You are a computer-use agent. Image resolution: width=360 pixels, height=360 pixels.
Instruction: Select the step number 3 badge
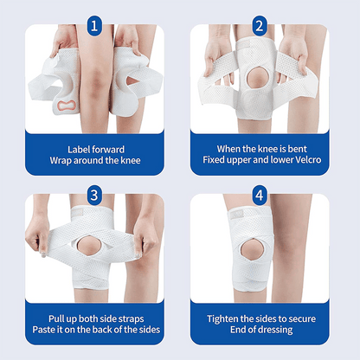(93, 194)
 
